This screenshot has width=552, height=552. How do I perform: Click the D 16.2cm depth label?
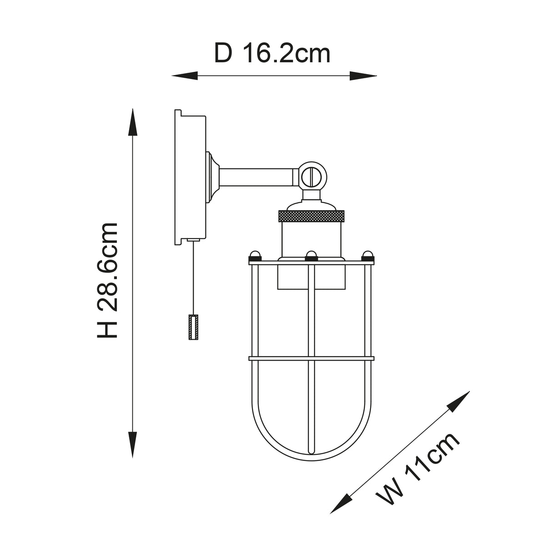point(272,54)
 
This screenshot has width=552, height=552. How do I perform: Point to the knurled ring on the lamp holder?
point(312,215)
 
